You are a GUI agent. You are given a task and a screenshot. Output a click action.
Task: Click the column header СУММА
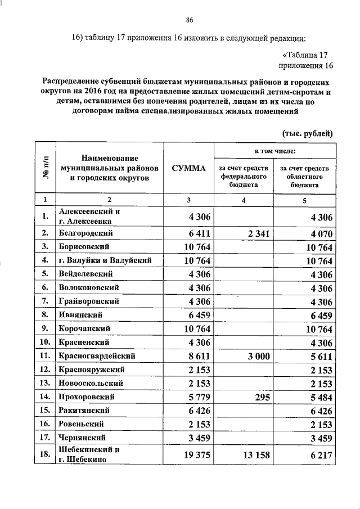tap(188, 168)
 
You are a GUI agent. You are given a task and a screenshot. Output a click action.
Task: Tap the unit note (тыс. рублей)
tap(307, 133)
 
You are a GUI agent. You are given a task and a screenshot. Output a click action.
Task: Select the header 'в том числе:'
tap(275, 151)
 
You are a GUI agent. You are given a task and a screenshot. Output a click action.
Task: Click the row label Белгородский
tap(87, 232)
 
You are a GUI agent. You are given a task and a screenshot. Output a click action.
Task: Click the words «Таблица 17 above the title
tap(304, 55)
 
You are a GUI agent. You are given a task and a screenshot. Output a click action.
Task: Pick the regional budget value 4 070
tap(317, 233)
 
